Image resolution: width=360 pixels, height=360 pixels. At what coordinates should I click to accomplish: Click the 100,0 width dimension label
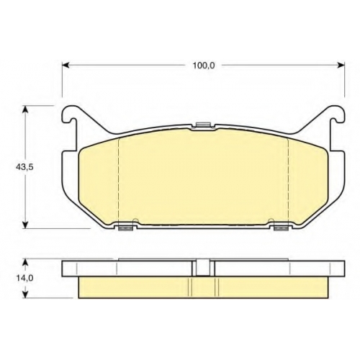(x=204, y=66)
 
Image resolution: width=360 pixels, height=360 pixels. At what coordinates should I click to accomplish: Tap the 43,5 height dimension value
(x=24, y=167)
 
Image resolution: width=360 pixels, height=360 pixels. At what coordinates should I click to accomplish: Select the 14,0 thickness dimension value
(x=24, y=278)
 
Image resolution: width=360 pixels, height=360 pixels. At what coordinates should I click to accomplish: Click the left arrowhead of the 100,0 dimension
(x=66, y=65)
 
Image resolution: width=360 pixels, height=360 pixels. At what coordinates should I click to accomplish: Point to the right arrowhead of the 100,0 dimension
(x=341, y=65)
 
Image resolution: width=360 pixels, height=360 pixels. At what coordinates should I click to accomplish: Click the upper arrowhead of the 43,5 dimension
(x=25, y=109)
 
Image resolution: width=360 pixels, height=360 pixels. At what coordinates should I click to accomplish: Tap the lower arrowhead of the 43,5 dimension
(x=25, y=225)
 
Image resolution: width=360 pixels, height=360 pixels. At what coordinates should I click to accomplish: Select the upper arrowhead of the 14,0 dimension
(x=25, y=262)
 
